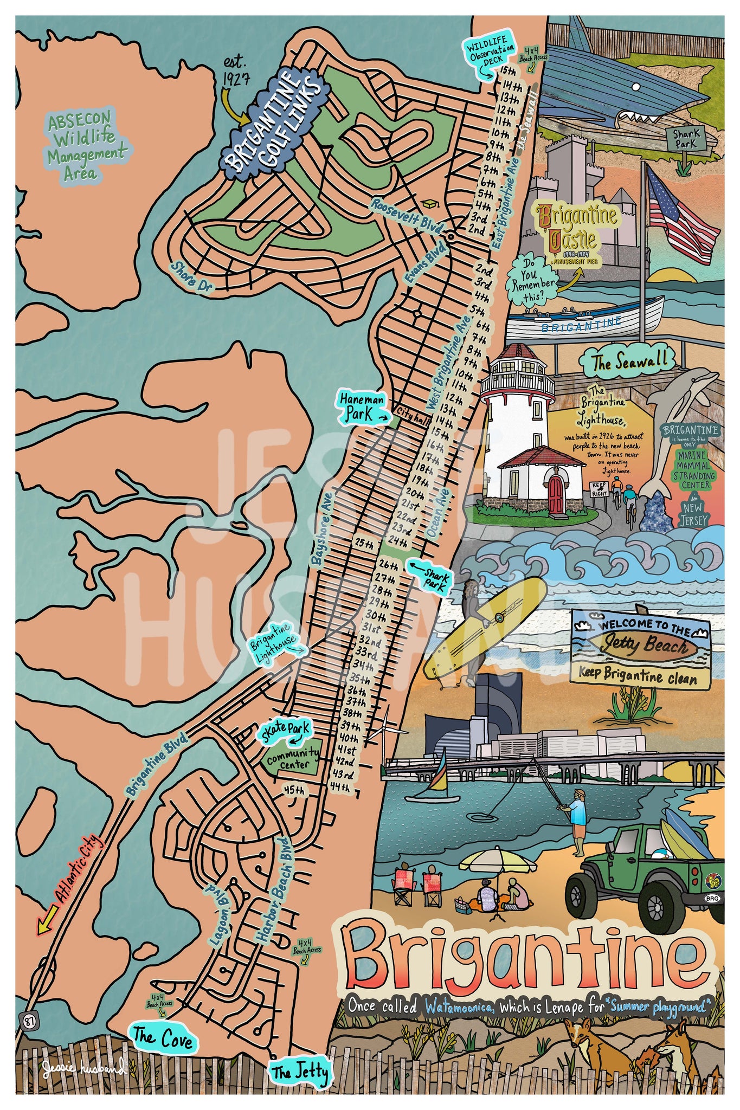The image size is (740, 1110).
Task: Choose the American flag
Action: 684,217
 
